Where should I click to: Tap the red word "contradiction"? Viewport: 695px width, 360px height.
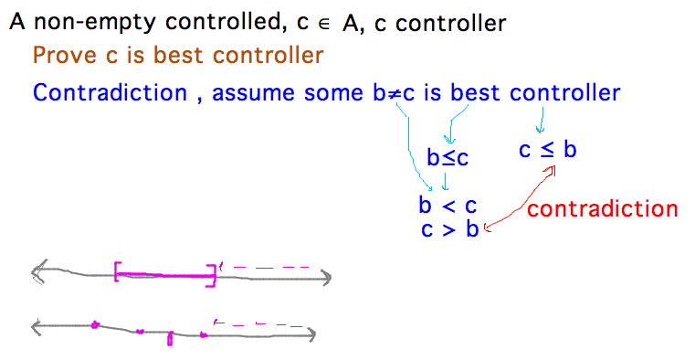603,208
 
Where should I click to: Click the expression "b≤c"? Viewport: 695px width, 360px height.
448,158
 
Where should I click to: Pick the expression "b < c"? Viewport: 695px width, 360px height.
448,205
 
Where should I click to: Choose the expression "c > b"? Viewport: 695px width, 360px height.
449,229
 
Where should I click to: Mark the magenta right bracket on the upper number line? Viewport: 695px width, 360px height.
214,275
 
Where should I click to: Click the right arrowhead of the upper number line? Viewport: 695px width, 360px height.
325,277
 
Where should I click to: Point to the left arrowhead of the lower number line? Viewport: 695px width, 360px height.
37,325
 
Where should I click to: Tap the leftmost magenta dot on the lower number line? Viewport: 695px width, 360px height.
94,323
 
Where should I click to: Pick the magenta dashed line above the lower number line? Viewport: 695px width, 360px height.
259,323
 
